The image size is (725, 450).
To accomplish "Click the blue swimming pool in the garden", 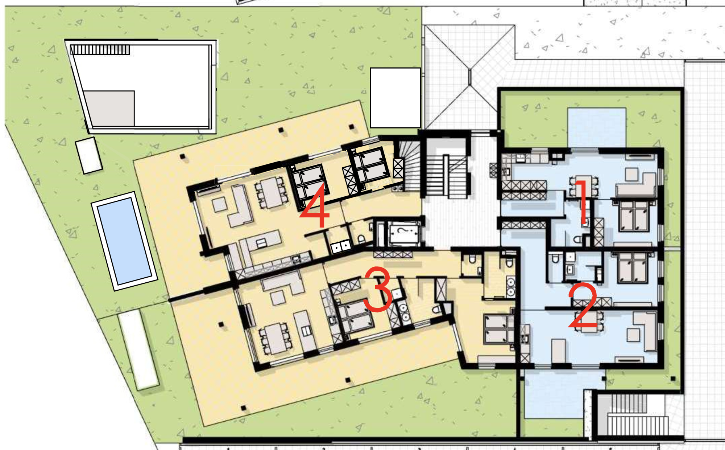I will point(124,241).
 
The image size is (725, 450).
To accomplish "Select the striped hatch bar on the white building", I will point(100,50).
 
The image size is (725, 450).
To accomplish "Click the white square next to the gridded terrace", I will point(395,98).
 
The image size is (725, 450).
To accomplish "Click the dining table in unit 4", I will point(271,192).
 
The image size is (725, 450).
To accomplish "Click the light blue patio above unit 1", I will point(597,127).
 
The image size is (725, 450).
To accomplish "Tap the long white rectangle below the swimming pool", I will point(138,349).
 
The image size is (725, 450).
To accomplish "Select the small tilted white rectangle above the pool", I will point(89,155).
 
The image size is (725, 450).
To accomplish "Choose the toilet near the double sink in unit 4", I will point(361,239).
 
